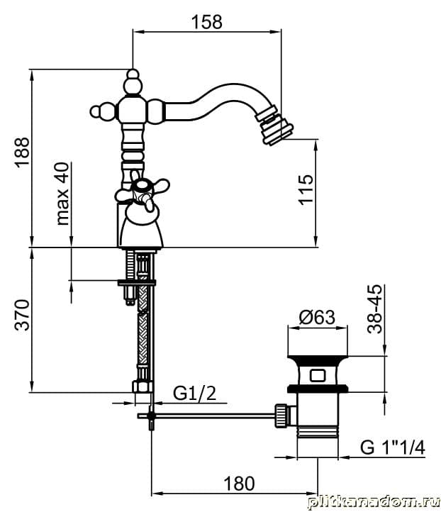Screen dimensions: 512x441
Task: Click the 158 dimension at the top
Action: (x=207, y=21)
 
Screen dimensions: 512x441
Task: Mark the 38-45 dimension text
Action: (x=376, y=308)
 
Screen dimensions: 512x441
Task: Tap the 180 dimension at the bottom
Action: (x=239, y=484)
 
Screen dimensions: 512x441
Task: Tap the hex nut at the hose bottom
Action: (x=142, y=387)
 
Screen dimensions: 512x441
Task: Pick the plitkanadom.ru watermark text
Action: (x=373, y=502)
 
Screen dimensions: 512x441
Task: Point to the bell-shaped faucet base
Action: (x=143, y=228)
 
